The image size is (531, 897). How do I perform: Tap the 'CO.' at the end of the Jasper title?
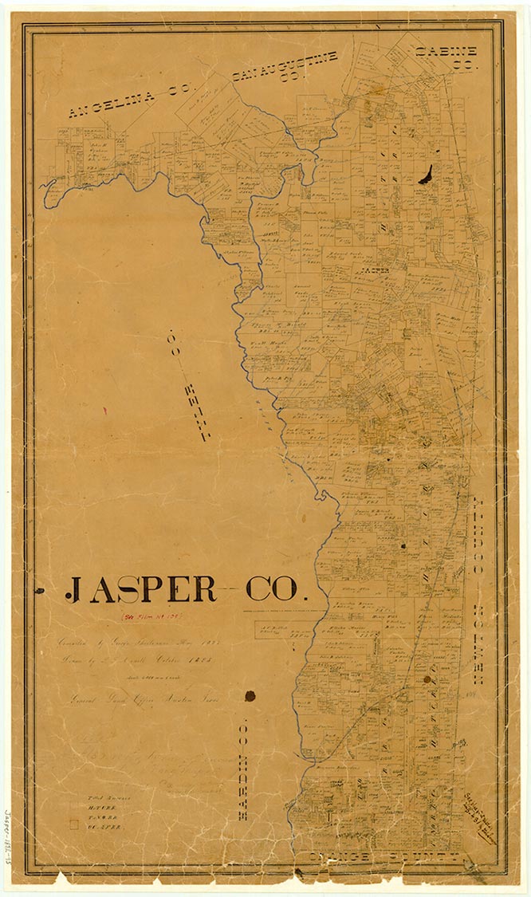click(271, 589)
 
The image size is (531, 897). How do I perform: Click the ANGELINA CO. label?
click(128, 101)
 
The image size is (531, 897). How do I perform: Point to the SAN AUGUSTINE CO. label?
click(285, 67)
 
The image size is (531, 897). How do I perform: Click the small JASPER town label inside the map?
click(375, 270)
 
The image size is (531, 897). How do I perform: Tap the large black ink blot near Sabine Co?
click(427, 174)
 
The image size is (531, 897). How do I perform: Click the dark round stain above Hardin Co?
click(250, 695)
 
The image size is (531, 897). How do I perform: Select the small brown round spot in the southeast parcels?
click(427, 679)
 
